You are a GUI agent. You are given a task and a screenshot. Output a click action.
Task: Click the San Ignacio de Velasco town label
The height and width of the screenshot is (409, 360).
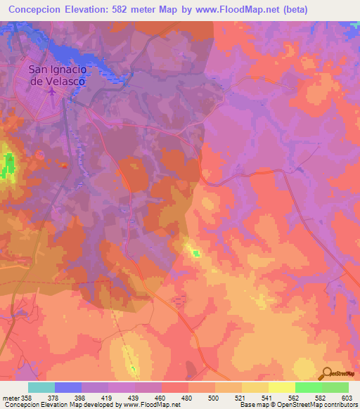[57, 75]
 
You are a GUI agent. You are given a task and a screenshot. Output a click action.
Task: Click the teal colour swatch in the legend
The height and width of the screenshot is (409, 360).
[41, 387]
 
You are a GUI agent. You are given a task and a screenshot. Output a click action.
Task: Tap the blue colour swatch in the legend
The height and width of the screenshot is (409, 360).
[68, 387]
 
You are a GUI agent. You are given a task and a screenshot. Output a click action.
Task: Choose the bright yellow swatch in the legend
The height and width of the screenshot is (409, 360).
[282, 387]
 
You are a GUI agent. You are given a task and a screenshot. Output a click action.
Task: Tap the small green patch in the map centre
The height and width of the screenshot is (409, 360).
[197, 254]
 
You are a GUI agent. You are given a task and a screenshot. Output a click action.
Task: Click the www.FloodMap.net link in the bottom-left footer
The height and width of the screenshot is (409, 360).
[148, 405]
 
